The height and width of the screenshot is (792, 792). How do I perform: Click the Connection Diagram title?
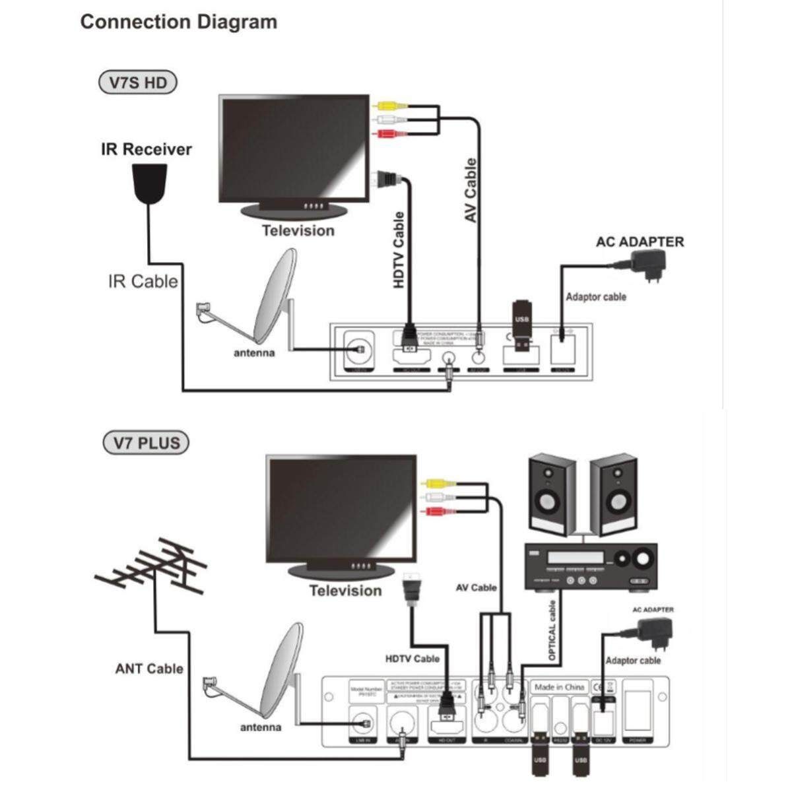pos(178,22)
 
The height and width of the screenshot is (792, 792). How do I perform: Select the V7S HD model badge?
pos(137,83)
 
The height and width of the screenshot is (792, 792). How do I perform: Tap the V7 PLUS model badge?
pos(146,442)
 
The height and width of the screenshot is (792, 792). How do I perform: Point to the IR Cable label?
pos(143,282)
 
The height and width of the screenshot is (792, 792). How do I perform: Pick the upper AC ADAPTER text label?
pos(640,242)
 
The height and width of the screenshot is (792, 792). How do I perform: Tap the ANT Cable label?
pos(149,669)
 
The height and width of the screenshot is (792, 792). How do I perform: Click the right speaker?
pos(613,492)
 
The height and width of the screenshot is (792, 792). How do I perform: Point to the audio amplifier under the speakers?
pos(591,566)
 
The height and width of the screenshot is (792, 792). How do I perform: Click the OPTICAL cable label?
pos(552,630)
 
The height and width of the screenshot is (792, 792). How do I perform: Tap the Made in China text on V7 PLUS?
pos(559,687)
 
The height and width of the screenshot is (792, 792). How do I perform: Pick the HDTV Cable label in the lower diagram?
pos(412,658)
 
